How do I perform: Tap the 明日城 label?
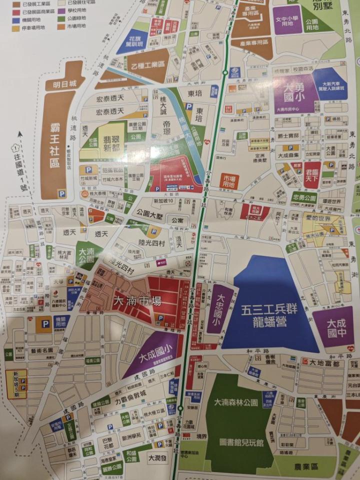tap(65, 83)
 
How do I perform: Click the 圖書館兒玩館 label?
tap(240, 442)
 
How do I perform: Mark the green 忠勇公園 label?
tap(304, 197)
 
